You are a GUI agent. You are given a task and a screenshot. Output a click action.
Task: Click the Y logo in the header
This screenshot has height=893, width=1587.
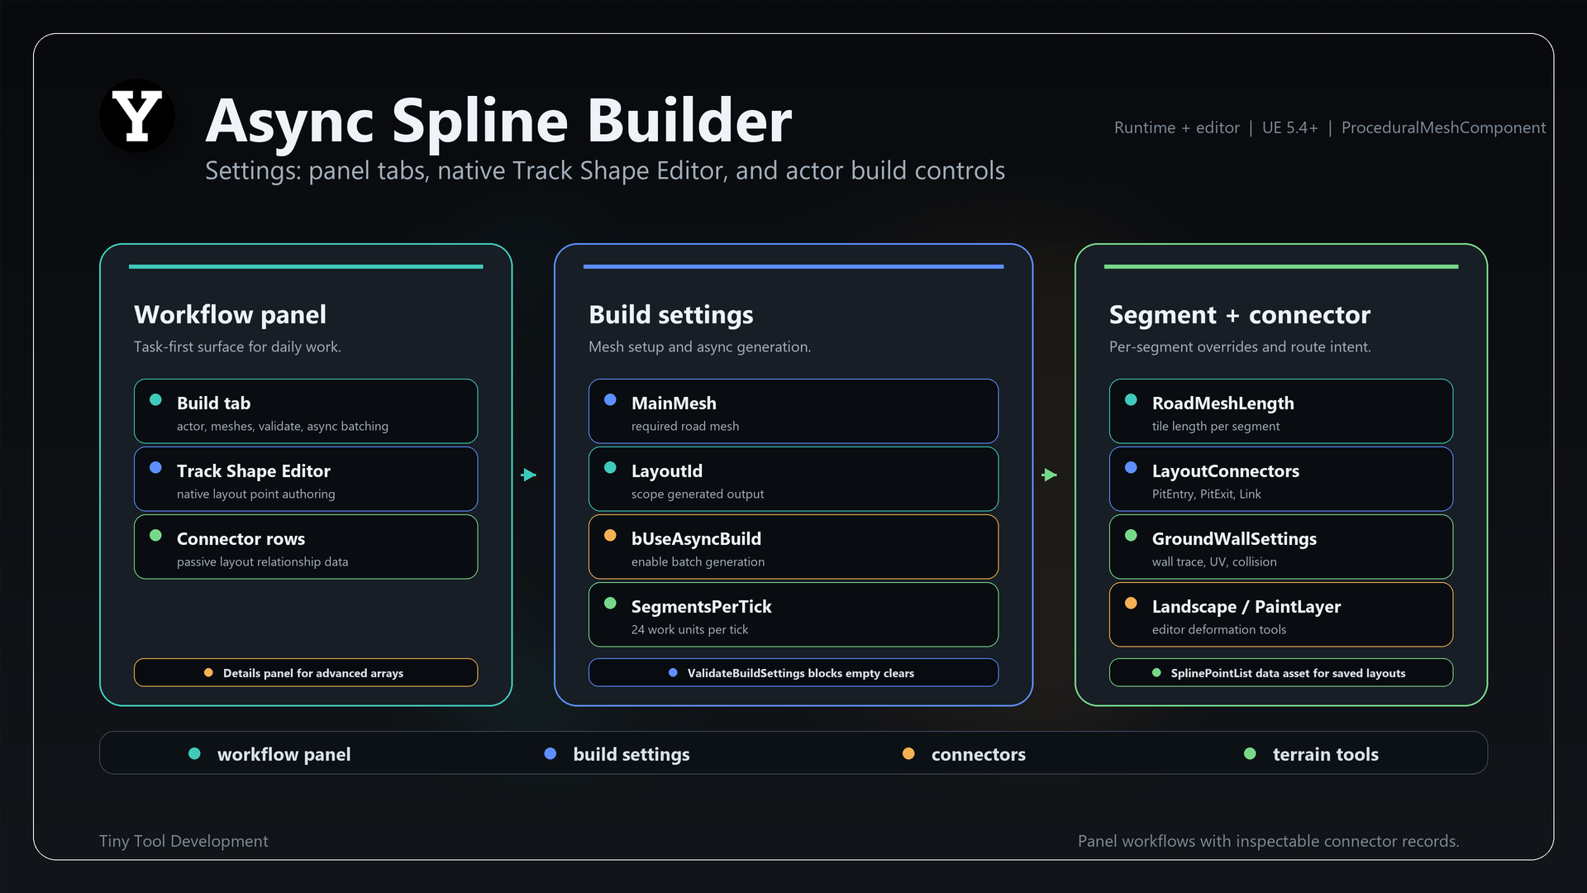[137, 116]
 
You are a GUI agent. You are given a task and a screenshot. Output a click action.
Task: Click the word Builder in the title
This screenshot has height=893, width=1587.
[689, 121]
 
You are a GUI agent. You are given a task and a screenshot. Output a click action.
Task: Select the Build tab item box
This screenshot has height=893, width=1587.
[306, 411]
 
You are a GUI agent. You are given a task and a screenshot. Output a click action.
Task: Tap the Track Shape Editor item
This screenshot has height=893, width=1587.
[306, 479]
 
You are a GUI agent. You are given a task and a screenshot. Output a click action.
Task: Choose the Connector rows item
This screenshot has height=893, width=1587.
[306, 547]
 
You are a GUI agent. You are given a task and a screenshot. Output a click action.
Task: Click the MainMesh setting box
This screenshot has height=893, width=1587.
[793, 411]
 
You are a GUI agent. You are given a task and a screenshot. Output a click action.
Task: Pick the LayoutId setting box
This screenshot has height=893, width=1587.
[793, 479]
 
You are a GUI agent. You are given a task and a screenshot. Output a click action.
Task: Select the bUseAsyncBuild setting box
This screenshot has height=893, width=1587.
[793, 547]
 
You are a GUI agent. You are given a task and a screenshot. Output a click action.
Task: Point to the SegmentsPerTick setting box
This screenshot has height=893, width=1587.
[793, 614]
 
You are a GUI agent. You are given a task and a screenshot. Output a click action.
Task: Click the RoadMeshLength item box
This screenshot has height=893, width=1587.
[1281, 411]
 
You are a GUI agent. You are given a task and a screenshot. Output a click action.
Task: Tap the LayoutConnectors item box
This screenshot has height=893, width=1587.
[1281, 479]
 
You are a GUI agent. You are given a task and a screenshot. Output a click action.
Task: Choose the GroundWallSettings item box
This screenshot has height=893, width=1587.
[1281, 547]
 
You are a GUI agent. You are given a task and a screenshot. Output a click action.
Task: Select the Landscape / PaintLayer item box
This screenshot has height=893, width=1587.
[1281, 614]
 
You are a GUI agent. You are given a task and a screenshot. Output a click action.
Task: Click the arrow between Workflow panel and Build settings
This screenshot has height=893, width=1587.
[529, 475]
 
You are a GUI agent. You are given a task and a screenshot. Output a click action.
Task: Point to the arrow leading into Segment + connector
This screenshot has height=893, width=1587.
[1050, 475]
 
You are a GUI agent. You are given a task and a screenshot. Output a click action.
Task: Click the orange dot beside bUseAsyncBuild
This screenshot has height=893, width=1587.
[610, 535]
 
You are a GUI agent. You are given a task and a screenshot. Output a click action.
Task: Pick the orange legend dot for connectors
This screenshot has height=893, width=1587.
[908, 753]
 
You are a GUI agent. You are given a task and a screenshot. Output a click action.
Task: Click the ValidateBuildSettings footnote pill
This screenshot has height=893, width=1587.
[793, 672]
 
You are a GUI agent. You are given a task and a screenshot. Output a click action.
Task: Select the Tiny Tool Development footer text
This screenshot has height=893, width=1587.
[183, 841]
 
